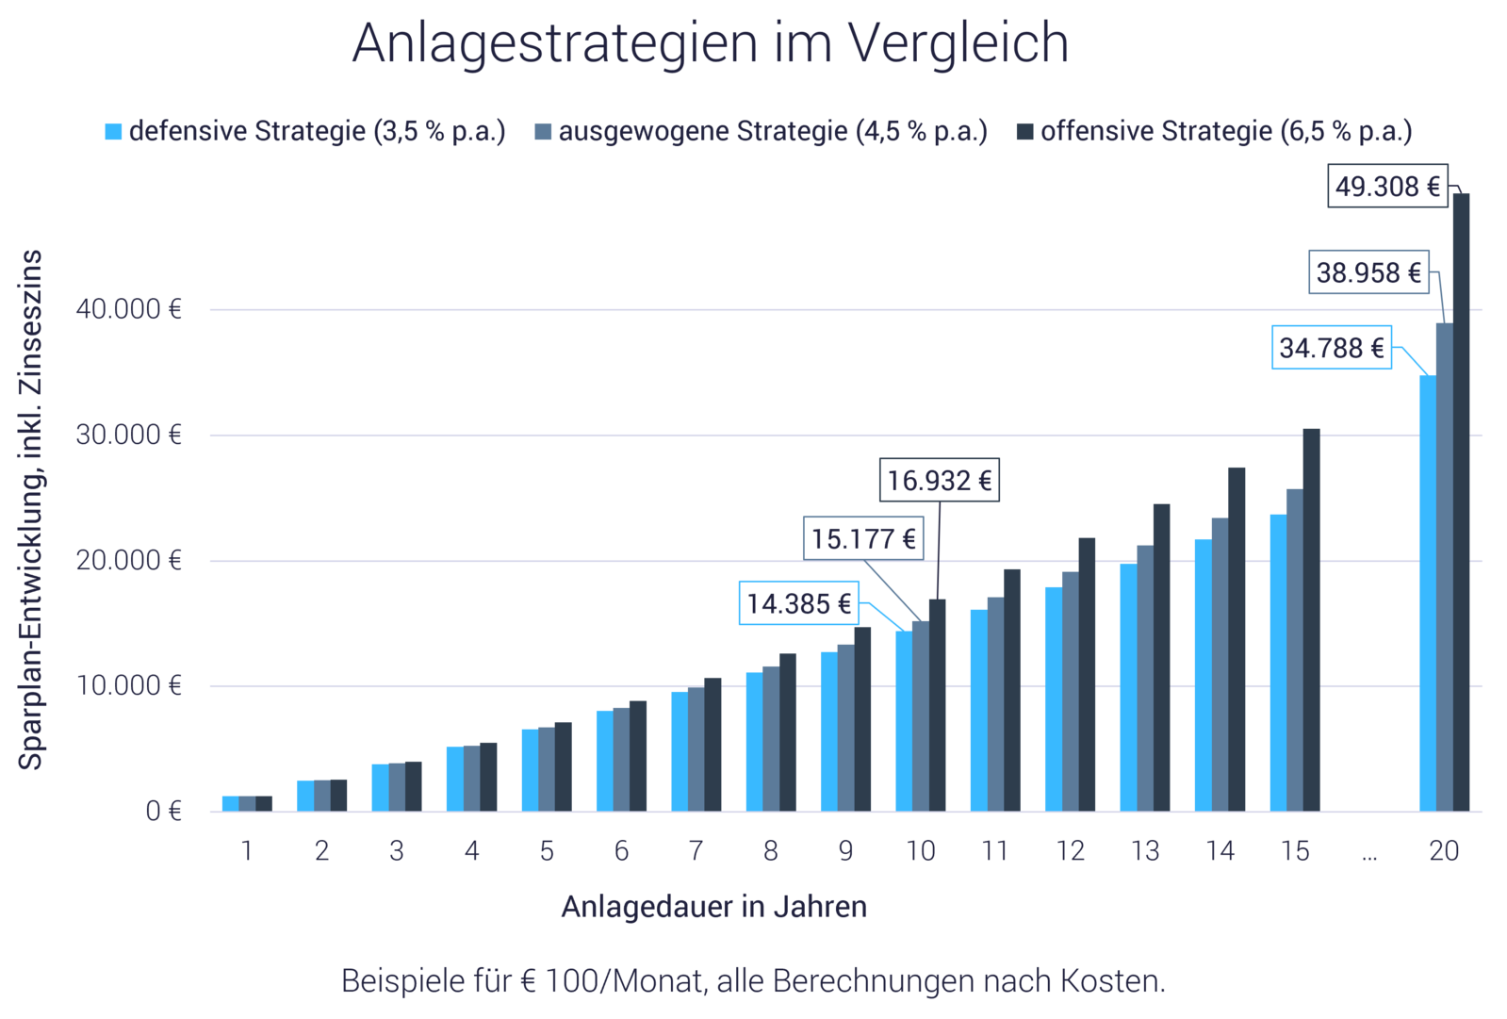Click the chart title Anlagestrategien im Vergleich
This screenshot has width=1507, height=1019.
click(x=710, y=43)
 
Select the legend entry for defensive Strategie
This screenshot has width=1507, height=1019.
click(x=305, y=131)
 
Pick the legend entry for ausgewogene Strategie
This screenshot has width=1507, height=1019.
click(x=762, y=131)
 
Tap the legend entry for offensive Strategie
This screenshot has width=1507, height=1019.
click(x=1215, y=131)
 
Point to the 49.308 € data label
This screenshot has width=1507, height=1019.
click(x=1387, y=187)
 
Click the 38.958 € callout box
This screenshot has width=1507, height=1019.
click(x=1368, y=272)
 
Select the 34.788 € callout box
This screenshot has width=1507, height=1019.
click(x=1331, y=348)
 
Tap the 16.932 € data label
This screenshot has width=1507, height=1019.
click(x=939, y=481)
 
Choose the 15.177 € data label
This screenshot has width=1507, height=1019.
click(x=862, y=538)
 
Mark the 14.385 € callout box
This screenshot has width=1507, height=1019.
click(x=799, y=603)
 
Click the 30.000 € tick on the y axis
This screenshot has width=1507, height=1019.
click(x=128, y=435)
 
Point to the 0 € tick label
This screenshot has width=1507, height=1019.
click(x=162, y=811)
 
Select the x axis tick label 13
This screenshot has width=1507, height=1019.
click(x=1145, y=851)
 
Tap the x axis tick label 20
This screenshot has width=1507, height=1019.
click(x=1444, y=851)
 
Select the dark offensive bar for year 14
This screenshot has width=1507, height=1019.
click(x=1237, y=641)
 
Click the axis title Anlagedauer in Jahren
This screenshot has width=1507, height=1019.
click(x=713, y=907)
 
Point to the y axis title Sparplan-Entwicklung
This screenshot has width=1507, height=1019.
click(x=31, y=509)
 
